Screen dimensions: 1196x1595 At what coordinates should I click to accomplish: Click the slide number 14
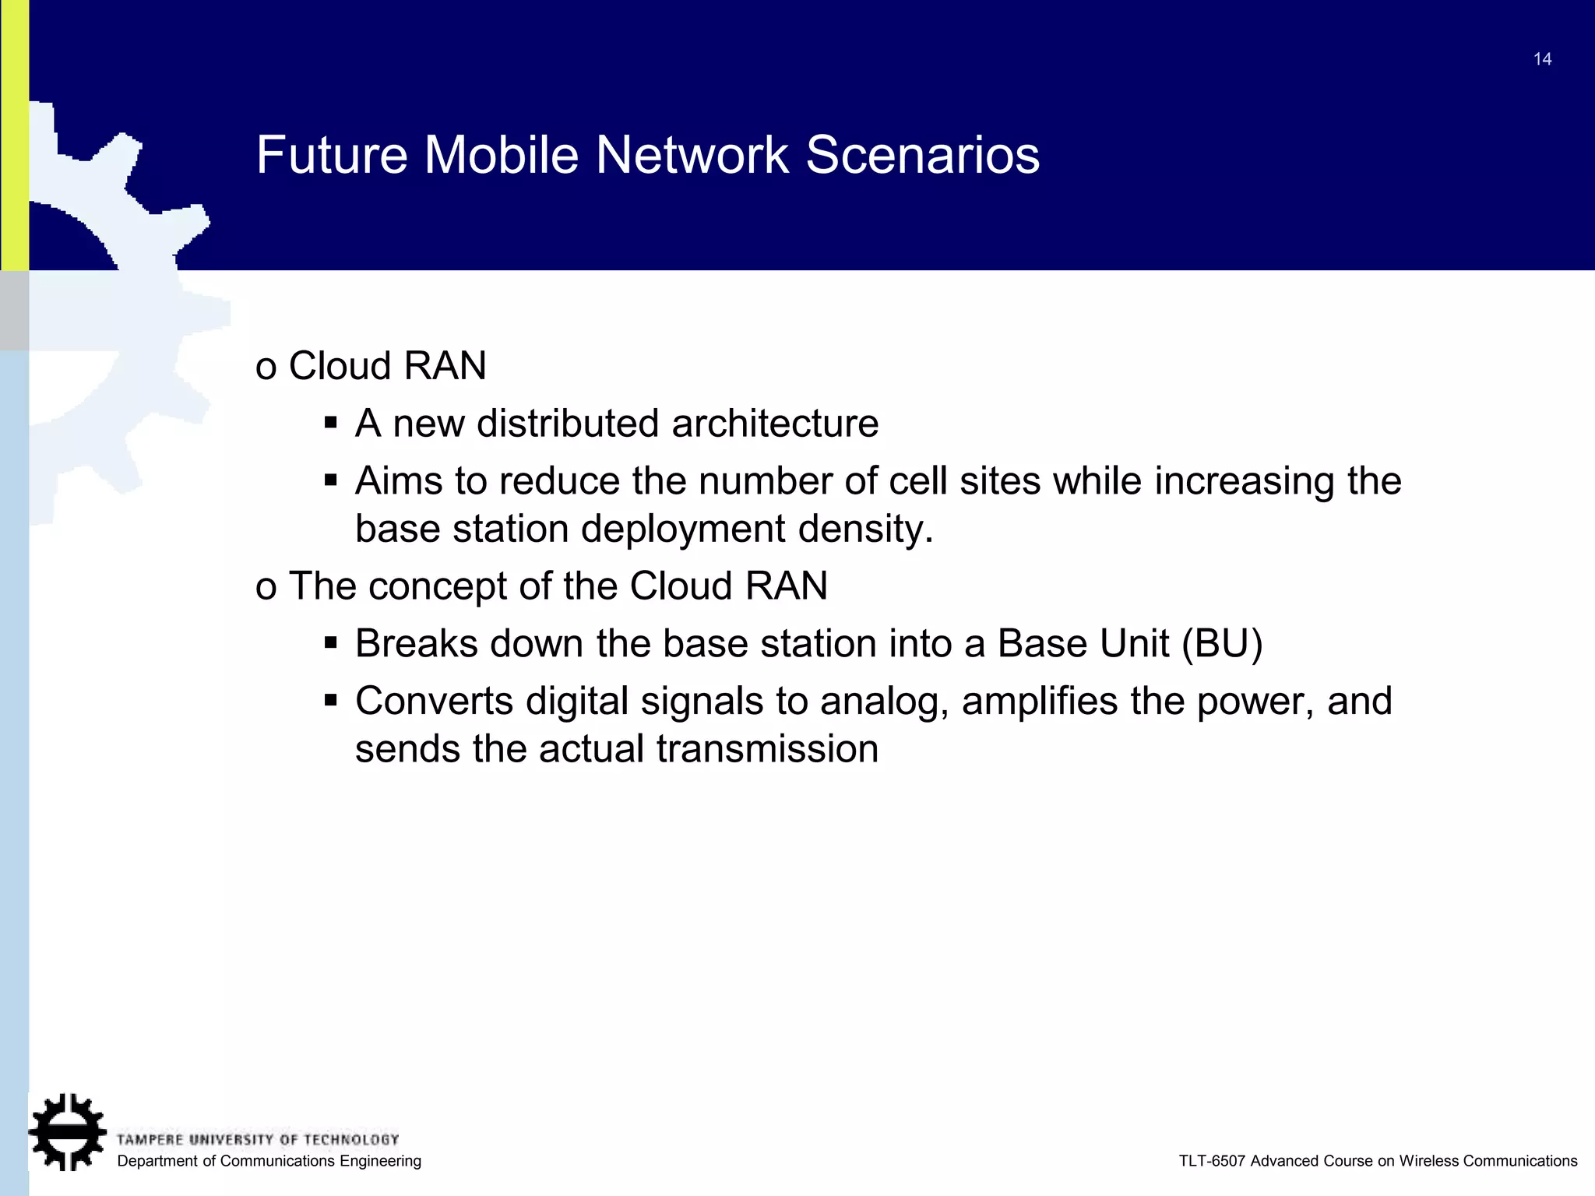pos(1542,59)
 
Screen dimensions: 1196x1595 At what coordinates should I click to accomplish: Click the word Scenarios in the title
pos(922,154)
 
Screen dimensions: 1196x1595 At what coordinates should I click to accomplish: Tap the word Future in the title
pos(332,154)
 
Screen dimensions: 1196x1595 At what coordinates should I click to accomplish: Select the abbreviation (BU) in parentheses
pos(1221,644)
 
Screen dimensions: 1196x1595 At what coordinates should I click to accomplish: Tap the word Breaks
pos(416,644)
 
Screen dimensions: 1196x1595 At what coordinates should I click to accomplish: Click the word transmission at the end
pos(767,749)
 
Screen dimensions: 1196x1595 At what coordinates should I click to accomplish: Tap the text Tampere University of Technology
pos(257,1140)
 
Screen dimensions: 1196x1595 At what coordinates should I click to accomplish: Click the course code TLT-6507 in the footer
pos(1212,1161)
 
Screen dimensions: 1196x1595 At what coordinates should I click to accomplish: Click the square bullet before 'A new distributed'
pos(331,424)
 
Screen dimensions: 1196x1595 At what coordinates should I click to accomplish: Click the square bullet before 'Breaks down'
pos(331,644)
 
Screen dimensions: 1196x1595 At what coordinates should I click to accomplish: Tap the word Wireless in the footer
pos(1428,1161)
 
